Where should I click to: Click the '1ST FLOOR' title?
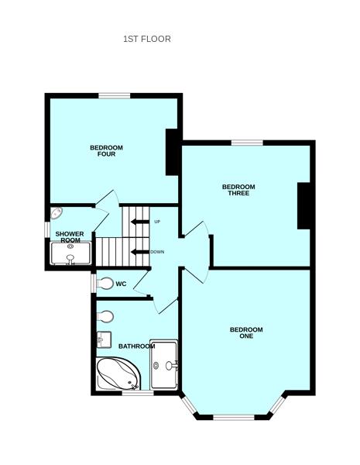point(147,39)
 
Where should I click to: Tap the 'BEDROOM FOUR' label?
point(106,151)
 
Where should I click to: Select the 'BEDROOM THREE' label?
point(238,190)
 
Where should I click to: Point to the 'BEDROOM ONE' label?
point(246,333)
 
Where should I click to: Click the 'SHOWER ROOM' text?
point(69,236)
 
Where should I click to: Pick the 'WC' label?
point(121,284)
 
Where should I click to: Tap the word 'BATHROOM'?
point(136,346)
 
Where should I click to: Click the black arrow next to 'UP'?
point(139,222)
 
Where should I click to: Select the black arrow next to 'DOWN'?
point(139,252)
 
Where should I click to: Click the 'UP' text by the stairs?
point(157,222)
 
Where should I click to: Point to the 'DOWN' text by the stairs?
point(157,252)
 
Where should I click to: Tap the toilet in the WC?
point(105,284)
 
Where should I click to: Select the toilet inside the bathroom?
point(106,316)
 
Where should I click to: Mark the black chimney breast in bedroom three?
point(303,205)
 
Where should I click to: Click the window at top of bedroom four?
point(114,95)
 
